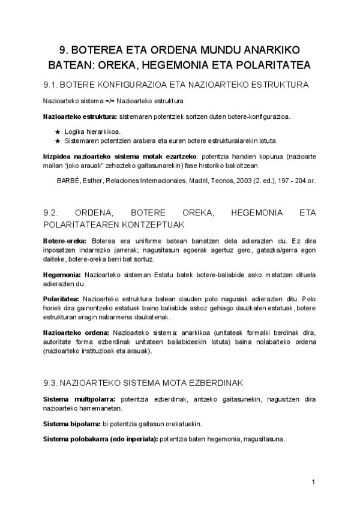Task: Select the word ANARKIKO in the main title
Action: pos(271,50)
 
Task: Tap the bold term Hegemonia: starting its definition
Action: pos(62,274)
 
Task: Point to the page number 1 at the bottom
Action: pos(314,483)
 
